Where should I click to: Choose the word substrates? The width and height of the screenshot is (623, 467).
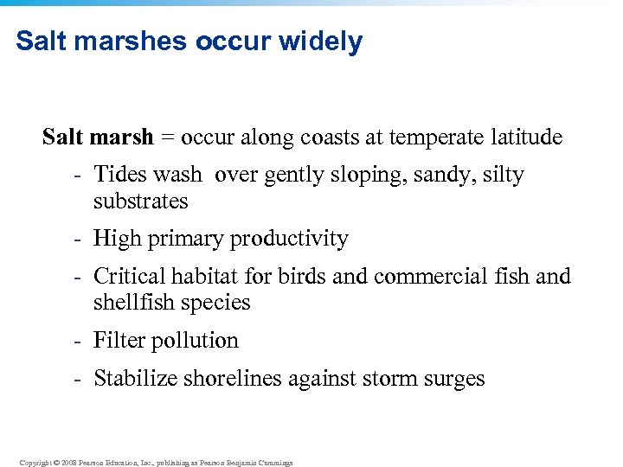coord(141,202)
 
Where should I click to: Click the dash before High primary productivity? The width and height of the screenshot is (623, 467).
coord(78,240)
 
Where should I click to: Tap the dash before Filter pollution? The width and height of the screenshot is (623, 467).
coord(78,341)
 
